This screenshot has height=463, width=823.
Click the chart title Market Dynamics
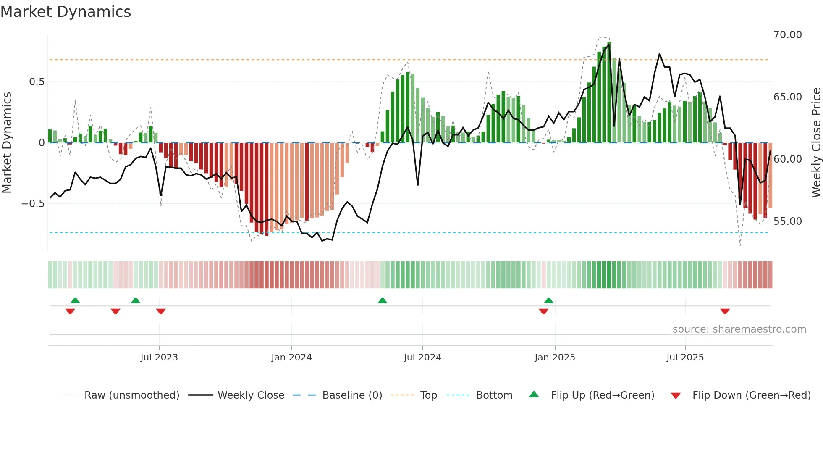pyautogui.click(x=66, y=12)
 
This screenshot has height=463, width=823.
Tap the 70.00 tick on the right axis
pyautogui.click(x=787, y=35)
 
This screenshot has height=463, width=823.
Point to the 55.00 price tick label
pyautogui.click(x=787, y=221)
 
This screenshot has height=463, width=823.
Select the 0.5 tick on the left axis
pyautogui.click(x=37, y=82)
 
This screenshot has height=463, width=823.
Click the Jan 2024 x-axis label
pyautogui.click(x=291, y=358)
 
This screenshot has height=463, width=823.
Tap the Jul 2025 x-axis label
pyautogui.click(x=685, y=358)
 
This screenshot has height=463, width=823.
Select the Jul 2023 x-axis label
pyautogui.click(x=159, y=358)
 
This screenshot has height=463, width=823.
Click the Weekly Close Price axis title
pyautogui.click(x=816, y=143)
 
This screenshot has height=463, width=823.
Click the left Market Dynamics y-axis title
pyautogui.click(x=7, y=143)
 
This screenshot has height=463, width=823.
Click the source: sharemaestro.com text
pyautogui.click(x=739, y=329)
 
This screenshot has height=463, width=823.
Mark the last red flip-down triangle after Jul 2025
pyautogui.click(x=725, y=311)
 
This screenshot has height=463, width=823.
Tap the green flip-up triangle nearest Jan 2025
pyautogui.click(x=548, y=301)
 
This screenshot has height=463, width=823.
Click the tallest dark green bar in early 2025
pyautogui.click(x=609, y=92)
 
